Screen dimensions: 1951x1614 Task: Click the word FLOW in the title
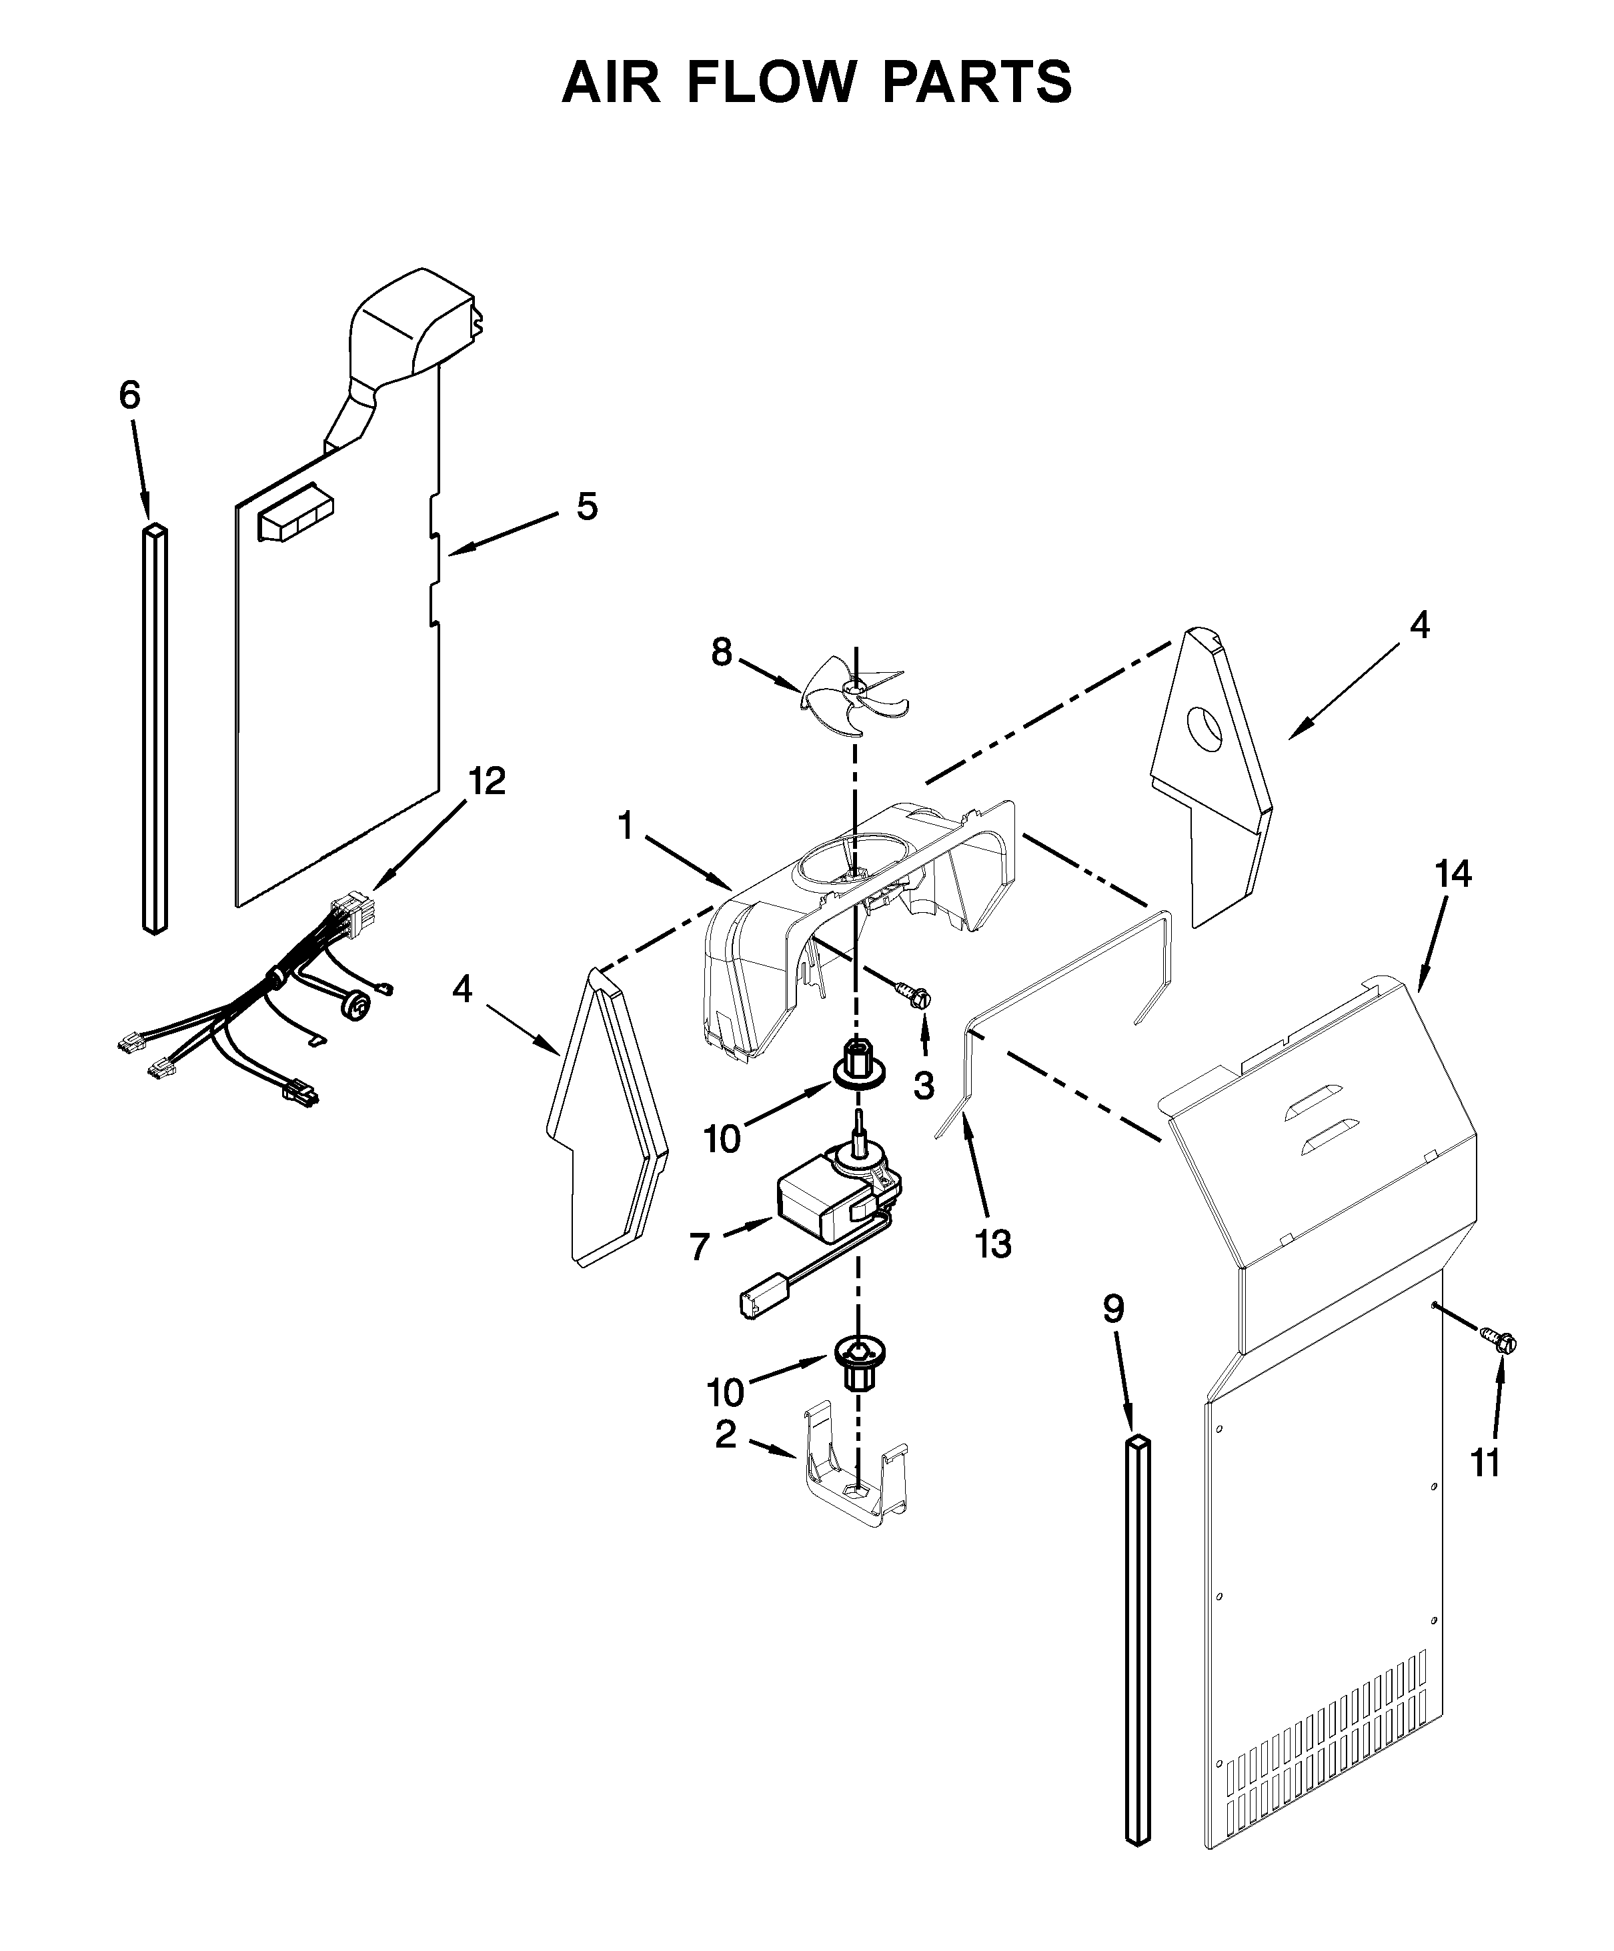770,82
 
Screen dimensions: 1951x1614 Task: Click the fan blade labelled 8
853,690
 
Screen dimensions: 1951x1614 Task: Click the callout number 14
1453,873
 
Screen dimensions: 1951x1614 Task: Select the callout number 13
992,1243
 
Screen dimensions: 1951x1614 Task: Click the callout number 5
586,506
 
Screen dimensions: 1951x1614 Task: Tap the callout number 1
626,824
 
